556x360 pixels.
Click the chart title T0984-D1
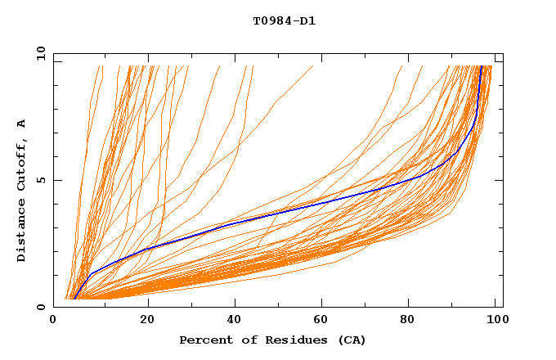(284, 21)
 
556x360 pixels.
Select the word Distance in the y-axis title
(21, 233)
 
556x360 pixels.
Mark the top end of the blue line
(482, 66)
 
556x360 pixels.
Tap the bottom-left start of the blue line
(74, 299)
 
